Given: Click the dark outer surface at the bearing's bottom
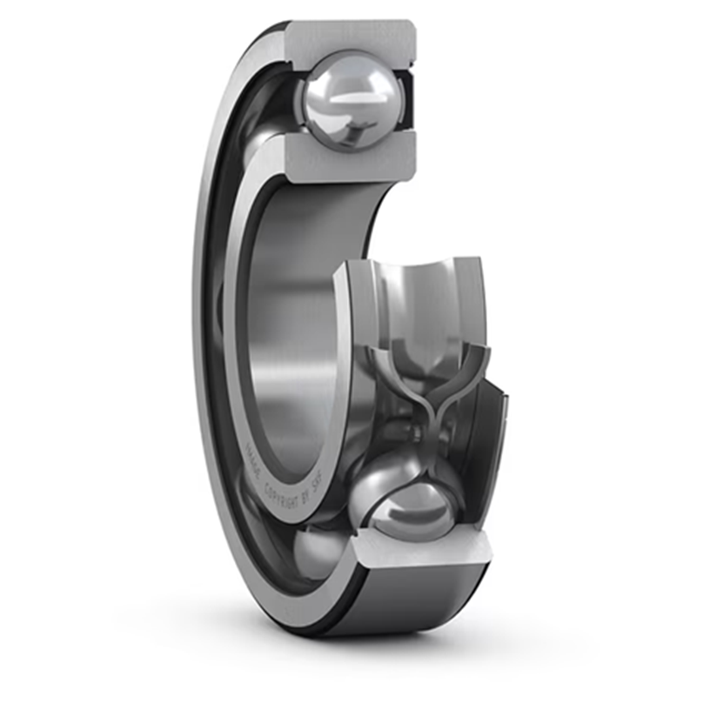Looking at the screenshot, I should pyautogui.click(x=409, y=600).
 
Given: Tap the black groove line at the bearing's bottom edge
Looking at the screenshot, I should pyautogui.click(x=331, y=621).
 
